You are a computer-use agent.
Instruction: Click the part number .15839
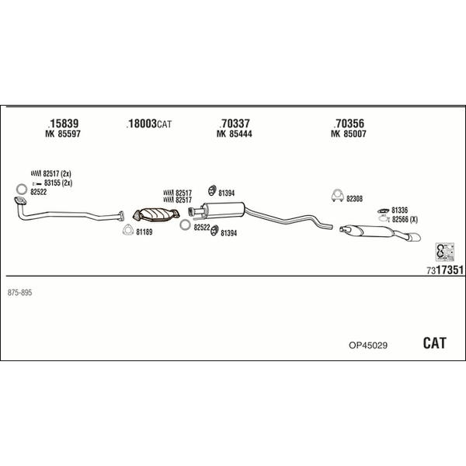coord(63,123)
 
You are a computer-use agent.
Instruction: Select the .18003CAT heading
coord(149,123)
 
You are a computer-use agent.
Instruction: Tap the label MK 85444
coord(235,134)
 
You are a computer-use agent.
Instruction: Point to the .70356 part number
coord(349,123)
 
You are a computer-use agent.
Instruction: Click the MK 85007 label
coord(348,134)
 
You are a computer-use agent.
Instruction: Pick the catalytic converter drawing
coord(156,214)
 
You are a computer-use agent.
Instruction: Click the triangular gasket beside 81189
coord(128,230)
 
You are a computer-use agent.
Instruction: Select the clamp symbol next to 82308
coord(337,196)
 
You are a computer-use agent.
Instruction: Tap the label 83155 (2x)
coord(58,183)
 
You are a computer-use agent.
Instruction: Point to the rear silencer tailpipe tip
coord(415,237)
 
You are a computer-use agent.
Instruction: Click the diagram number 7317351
coord(445,270)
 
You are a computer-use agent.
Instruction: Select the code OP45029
coord(368,346)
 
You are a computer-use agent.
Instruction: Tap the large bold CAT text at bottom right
coord(434,343)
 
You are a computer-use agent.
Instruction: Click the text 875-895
coord(19,293)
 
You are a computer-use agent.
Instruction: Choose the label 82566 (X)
coord(405,220)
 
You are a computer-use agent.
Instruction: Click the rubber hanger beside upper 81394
coord(211,190)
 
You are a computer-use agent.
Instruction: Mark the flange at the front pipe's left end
coord(20,201)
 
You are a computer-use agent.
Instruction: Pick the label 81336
coord(399,210)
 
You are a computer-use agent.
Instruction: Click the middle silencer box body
coord(224,210)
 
